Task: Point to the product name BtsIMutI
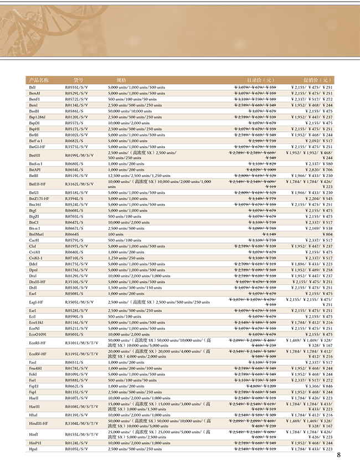click(x=37, y=234)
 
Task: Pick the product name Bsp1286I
click(x=37, y=117)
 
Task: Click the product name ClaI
click(x=32, y=246)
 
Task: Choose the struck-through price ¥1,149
click(x=268, y=234)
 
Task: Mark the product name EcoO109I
click(x=38, y=334)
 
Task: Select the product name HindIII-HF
click(x=38, y=423)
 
